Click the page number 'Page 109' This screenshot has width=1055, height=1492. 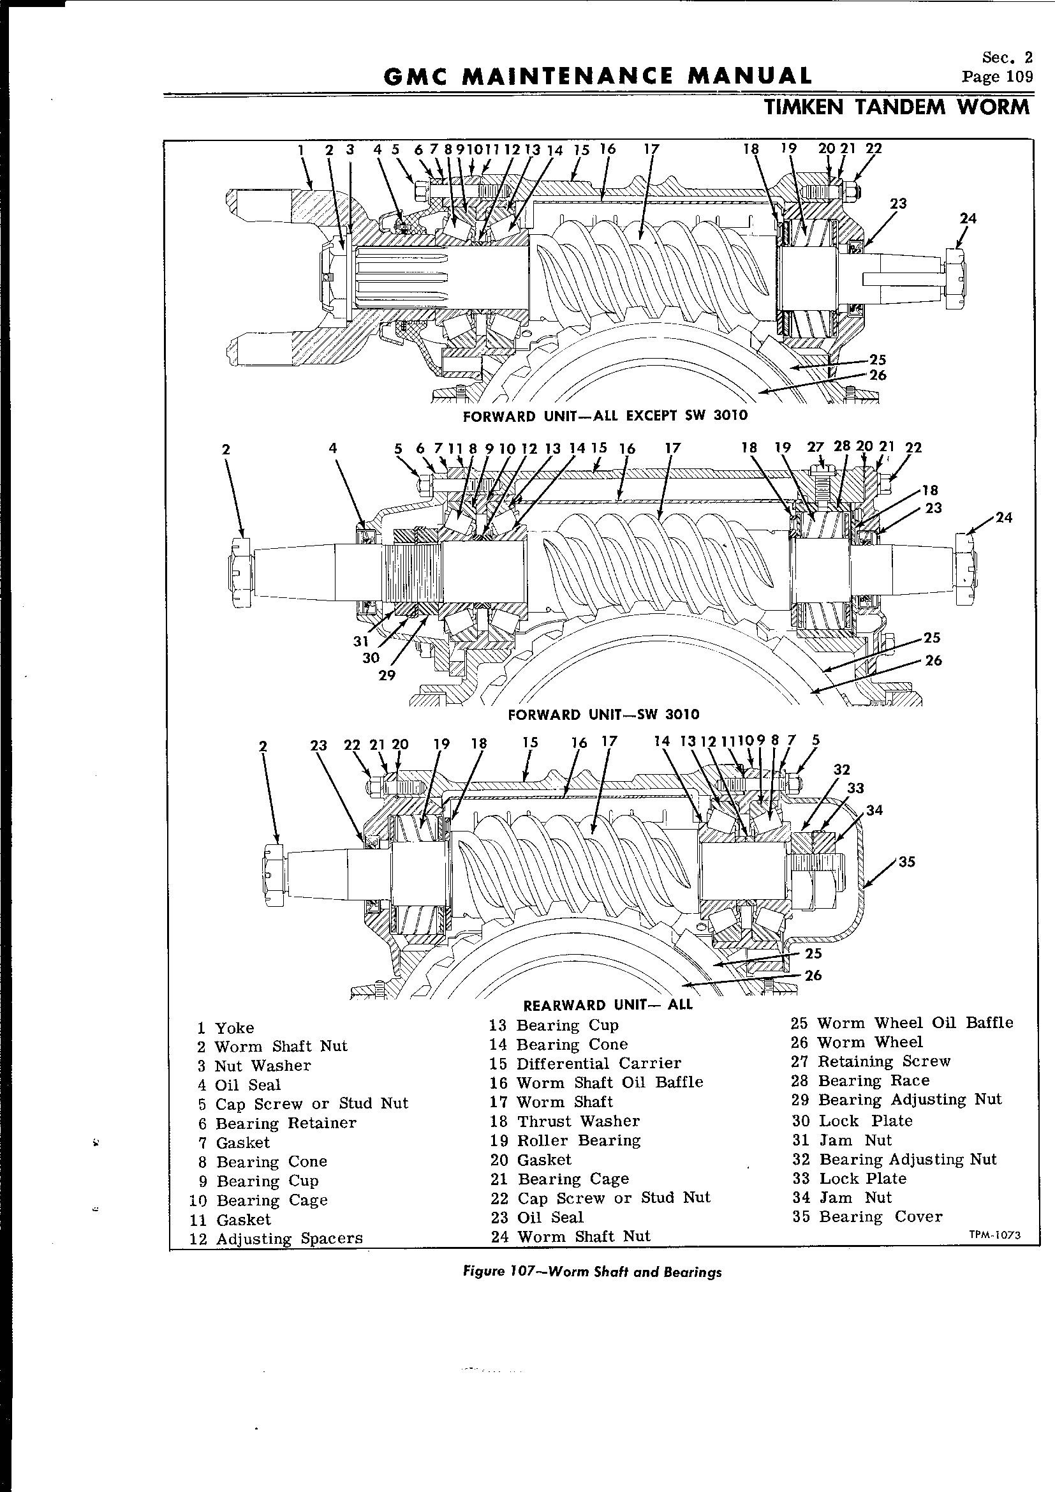pos(997,77)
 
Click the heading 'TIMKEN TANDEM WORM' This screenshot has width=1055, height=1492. pos(898,107)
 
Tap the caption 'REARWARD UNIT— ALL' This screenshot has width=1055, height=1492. pos(607,1005)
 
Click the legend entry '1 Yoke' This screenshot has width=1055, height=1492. pos(226,1028)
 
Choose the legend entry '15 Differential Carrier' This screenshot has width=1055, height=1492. pos(586,1064)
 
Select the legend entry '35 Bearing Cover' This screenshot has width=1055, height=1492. pos(867,1216)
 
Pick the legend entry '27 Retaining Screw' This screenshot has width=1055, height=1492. pos(871,1061)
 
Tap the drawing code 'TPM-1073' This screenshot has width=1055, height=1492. pos(994,1236)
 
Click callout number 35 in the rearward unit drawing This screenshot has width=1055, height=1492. pos(906,862)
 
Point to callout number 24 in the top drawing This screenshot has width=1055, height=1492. pos(968,219)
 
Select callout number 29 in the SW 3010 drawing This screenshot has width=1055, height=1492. pos(387,675)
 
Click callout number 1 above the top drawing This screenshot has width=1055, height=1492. pos(302,149)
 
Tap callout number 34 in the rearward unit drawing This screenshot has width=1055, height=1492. pos(874,810)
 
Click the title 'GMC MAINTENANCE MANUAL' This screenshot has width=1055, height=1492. pos(598,76)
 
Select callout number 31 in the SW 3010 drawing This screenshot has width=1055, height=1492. pos(361,641)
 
